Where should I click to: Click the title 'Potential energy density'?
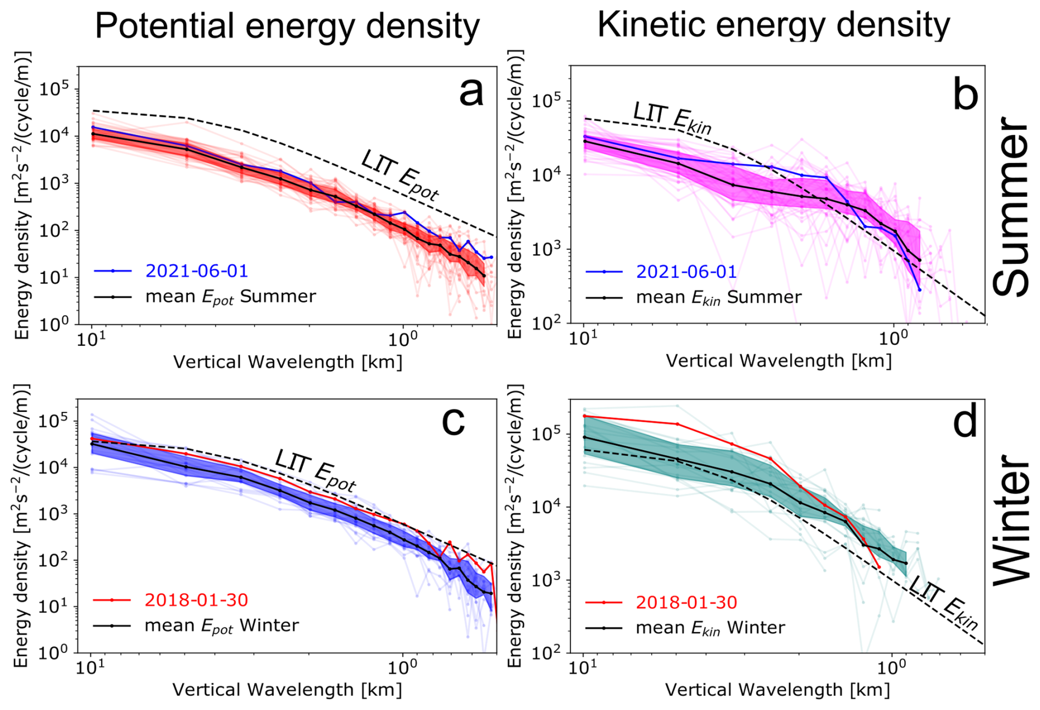pos(287,26)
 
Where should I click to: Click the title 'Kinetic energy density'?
pos(773,24)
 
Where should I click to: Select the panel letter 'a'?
pos(471,91)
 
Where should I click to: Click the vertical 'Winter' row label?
pos(1011,520)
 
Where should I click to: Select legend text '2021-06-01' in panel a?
pos(197,271)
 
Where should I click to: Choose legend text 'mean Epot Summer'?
pos(230,297)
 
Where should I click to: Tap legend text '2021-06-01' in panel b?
pos(686,271)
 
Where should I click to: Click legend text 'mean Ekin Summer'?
pos(718,298)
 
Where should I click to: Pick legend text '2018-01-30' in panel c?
pos(196,599)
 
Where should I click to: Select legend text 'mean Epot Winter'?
pos(222,626)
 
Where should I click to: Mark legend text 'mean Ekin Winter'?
pos(710,628)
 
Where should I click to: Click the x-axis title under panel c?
pos(287,690)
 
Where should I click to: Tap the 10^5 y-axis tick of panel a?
pos(55,90)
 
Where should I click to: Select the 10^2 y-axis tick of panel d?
pos(547,653)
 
